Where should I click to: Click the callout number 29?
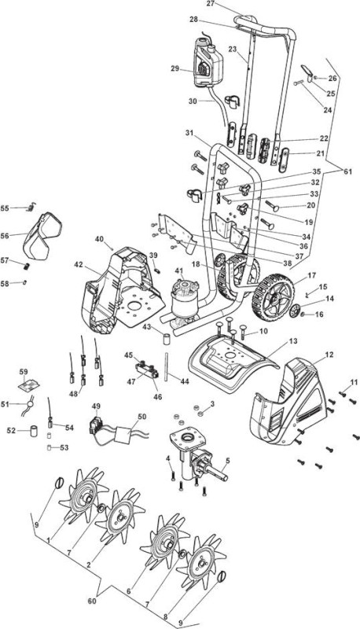click(x=174, y=68)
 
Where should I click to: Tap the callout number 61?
click(x=347, y=171)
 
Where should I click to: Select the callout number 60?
click(x=92, y=601)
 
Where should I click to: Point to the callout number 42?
click(x=79, y=264)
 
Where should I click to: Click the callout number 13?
click(x=293, y=341)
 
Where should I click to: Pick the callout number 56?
click(x=5, y=236)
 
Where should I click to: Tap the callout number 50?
click(x=142, y=417)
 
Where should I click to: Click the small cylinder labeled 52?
click(x=33, y=431)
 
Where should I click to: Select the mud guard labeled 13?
click(x=233, y=363)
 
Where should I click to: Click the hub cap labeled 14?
click(x=296, y=311)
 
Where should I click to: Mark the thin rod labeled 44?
click(x=166, y=365)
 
